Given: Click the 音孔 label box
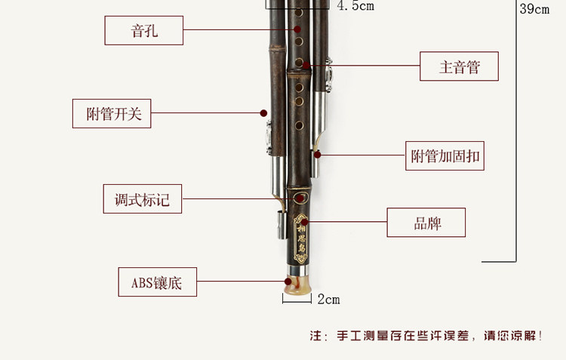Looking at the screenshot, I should point(143,30).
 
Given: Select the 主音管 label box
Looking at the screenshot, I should point(460,66).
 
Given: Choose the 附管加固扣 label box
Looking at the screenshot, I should point(444,156).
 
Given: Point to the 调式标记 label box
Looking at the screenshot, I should point(143,199).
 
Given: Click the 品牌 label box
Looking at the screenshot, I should point(426,223).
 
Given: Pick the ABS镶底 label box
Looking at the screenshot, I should point(158,283).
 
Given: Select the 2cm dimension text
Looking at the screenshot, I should point(328,300).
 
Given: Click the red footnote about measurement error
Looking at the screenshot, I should point(426,336).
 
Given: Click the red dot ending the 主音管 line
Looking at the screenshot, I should point(307,66).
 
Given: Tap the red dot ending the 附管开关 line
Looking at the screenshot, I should point(263,113).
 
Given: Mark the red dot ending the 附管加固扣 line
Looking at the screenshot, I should point(318,155).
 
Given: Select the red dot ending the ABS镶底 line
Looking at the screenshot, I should point(288,282).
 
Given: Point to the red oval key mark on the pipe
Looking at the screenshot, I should point(300,199).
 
